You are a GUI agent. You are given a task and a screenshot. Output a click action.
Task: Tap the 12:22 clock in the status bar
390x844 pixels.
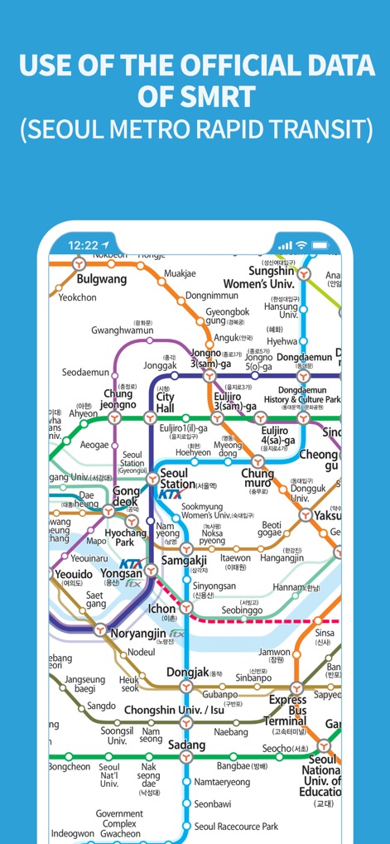(84, 245)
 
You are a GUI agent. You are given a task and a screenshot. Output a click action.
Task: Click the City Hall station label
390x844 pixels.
(166, 403)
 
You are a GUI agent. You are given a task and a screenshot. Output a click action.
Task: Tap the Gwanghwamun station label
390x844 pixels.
(123, 330)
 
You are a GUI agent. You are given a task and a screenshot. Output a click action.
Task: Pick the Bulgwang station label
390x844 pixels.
(101, 279)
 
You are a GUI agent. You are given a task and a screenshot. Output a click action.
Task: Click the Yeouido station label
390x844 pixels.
(74, 573)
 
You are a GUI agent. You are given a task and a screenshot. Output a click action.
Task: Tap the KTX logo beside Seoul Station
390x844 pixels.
(170, 494)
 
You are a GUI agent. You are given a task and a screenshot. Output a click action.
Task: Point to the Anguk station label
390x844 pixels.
(226, 338)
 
